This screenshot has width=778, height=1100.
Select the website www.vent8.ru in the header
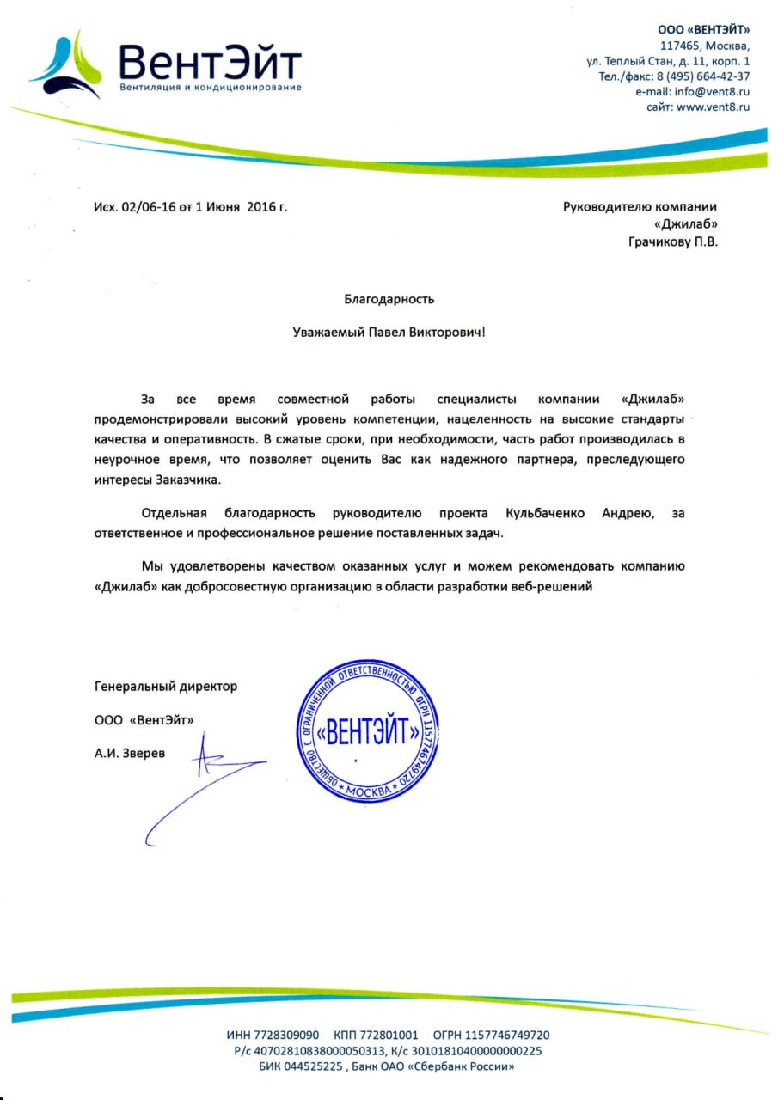(x=713, y=107)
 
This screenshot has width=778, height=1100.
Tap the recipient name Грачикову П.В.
(x=673, y=241)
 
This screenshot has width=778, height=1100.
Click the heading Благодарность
(x=389, y=299)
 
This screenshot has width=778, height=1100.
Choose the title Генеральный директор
(x=166, y=686)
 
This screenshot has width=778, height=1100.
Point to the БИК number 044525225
(x=315, y=1066)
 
